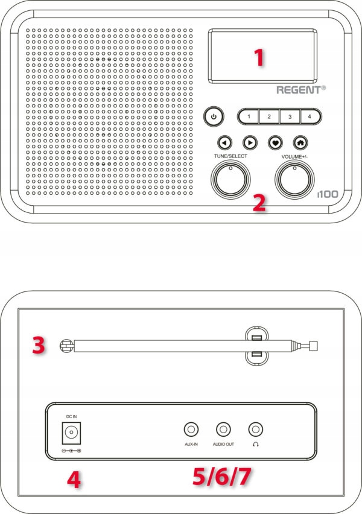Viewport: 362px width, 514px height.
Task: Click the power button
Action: pyautogui.click(x=214, y=116)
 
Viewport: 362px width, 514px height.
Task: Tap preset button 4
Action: pyautogui.click(x=310, y=116)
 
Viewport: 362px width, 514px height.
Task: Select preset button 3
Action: pyautogui.click(x=290, y=116)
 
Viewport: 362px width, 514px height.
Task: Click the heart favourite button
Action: pyautogui.click(x=275, y=143)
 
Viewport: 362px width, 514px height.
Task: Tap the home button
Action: pyautogui.click(x=300, y=143)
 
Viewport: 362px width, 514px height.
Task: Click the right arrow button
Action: pyautogui.click(x=249, y=143)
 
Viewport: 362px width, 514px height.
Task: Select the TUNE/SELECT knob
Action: pyautogui.click(x=230, y=179)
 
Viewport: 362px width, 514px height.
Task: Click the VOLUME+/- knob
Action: pyautogui.click(x=295, y=179)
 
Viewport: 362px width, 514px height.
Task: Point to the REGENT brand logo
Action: pyautogui.click(x=300, y=90)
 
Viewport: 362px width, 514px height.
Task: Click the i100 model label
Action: pyautogui.click(x=327, y=195)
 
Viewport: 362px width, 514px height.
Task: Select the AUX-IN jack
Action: pyautogui.click(x=191, y=430)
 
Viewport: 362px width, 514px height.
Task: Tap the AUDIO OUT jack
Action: pyautogui.click(x=223, y=430)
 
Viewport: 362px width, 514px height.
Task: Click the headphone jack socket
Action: pyautogui.click(x=256, y=430)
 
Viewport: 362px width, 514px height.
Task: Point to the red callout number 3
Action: pyautogui.click(x=39, y=346)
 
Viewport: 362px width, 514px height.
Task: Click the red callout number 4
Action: pyautogui.click(x=73, y=481)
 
